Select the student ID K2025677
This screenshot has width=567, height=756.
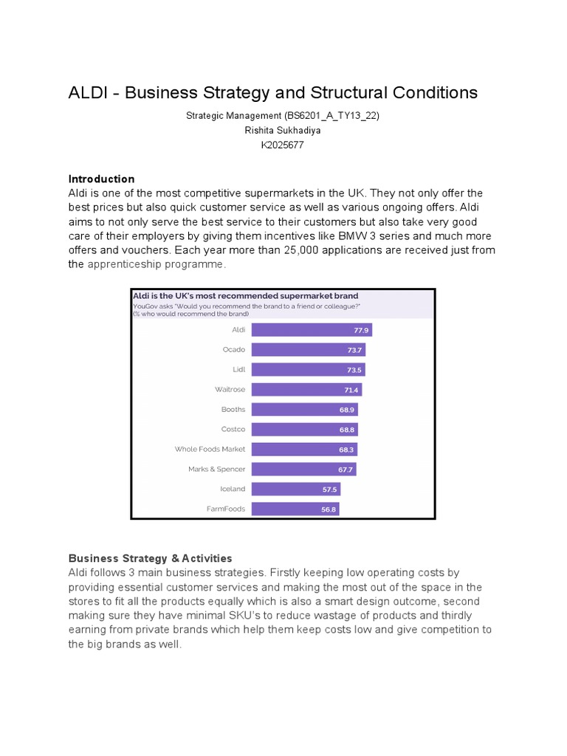(x=283, y=145)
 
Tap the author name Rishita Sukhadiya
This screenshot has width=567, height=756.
(x=283, y=130)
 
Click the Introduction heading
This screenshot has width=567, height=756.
(x=101, y=179)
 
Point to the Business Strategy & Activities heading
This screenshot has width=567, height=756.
(x=150, y=558)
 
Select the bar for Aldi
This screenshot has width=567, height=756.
(x=311, y=330)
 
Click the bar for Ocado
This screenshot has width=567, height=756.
(x=308, y=349)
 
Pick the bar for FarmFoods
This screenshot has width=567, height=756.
(x=295, y=509)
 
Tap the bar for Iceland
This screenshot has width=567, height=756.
(x=295, y=489)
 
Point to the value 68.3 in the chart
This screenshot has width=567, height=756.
(x=347, y=450)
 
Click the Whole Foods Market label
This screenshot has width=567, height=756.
(x=210, y=449)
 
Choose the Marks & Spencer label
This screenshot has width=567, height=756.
(x=216, y=469)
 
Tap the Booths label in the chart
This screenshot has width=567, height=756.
(x=233, y=409)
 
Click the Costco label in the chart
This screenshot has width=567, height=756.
(x=233, y=429)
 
